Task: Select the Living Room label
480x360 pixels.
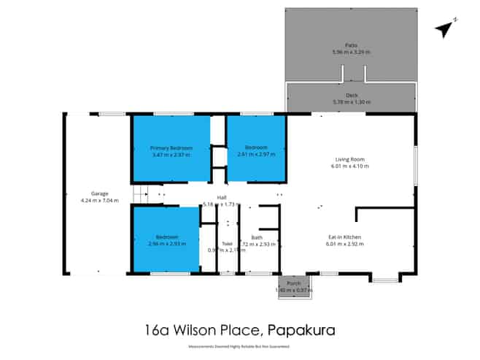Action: (x=349, y=159)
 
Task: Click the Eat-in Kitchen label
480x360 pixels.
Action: (x=349, y=237)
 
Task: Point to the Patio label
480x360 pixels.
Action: (x=351, y=45)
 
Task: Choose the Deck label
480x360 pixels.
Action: (x=352, y=95)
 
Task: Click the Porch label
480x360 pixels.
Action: (x=294, y=283)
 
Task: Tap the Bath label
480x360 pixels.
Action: (x=257, y=237)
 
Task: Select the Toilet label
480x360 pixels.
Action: (x=227, y=244)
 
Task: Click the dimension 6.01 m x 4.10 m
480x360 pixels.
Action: (x=349, y=166)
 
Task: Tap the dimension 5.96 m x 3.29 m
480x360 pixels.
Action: (x=351, y=51)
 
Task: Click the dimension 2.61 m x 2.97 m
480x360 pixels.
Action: (x=255, y=154)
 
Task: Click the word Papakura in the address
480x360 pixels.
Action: (x=302, y=329)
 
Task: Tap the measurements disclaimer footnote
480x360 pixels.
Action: (x=240, y=346)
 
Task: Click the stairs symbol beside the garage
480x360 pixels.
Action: (x=142, y=194)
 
